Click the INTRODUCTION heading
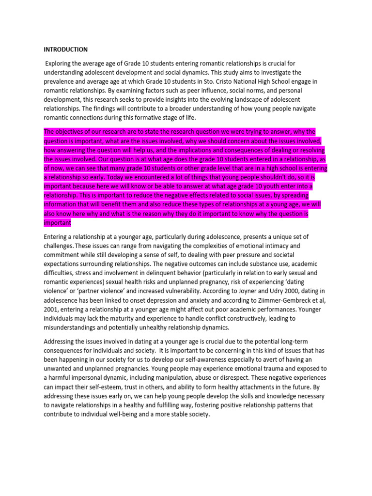point(66,49)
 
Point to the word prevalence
point(60,81)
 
